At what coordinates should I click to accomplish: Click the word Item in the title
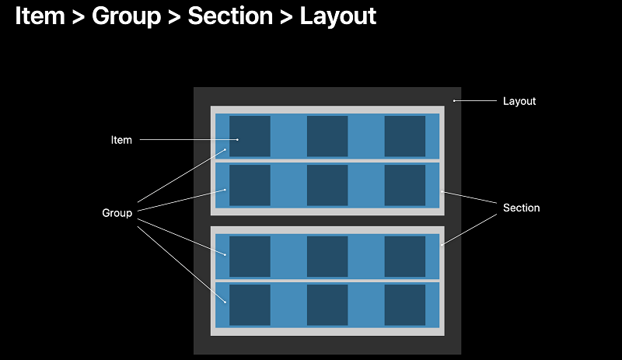(x=40, y=16)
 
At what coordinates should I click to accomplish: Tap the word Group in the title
(x=126, y=16)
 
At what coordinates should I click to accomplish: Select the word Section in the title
(x=230, y=16)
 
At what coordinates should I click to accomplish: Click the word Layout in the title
(x=337, y=16)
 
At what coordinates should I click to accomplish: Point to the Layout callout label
(x=519, y=101)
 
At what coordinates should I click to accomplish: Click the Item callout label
(x=121, y=140)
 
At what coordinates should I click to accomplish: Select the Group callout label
(x=117, y=213)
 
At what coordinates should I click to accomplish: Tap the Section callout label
(x=521, y=208)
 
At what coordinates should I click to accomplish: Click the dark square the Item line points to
(x=250, y=136)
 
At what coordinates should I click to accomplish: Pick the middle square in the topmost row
(x=327, y=136)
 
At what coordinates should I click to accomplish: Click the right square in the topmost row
(x=404, y=136)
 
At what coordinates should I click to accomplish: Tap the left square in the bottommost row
(x=250, y=305)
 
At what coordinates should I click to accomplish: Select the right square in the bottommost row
(x=404, y=305)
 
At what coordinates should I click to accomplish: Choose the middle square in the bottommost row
(x=327, y=305)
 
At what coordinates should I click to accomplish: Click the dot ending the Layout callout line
(x=454, y=101)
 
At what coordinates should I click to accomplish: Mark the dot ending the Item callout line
(x=238, y=140)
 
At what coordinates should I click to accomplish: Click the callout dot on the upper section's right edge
(x=442, y=192)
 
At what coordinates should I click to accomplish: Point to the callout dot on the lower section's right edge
(x=442, y=245)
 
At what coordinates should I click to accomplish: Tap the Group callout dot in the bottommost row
(x=225, y=302)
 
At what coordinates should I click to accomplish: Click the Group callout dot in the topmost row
(x=225, y=149)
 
